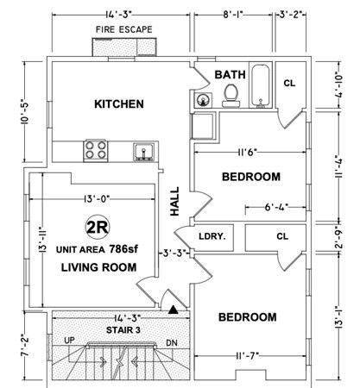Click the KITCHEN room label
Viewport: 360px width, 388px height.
click(x=119, y=104)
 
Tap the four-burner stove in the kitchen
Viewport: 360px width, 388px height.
click(x=96, y=150)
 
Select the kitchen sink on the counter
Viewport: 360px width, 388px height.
click(x=143, y=152)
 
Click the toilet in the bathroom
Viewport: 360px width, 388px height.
click(x=231, y=96)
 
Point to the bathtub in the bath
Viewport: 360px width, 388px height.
click(x=261, y=85)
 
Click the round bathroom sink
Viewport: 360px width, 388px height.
click(x=204, y=100)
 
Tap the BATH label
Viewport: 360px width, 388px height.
click(x=231, y=75)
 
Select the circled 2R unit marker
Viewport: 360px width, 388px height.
click(x=98, y=227)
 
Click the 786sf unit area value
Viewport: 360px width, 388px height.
click(x=123, y=249)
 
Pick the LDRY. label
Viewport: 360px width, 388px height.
click(x=212, y=236)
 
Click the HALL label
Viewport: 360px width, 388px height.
click(x=174, y=201)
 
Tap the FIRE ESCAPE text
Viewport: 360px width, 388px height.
click(x=124, y=29)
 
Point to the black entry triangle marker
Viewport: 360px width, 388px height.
click(x=174, y=310)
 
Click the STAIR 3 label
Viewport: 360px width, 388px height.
click(x=123, y=330)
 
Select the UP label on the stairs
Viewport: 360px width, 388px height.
click(x=69, y=341)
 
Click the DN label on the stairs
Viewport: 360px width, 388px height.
click(x=172, y=343)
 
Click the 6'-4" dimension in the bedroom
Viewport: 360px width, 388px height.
click(x=276, y=207)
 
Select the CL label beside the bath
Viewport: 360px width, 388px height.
click(x=289, y=84)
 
